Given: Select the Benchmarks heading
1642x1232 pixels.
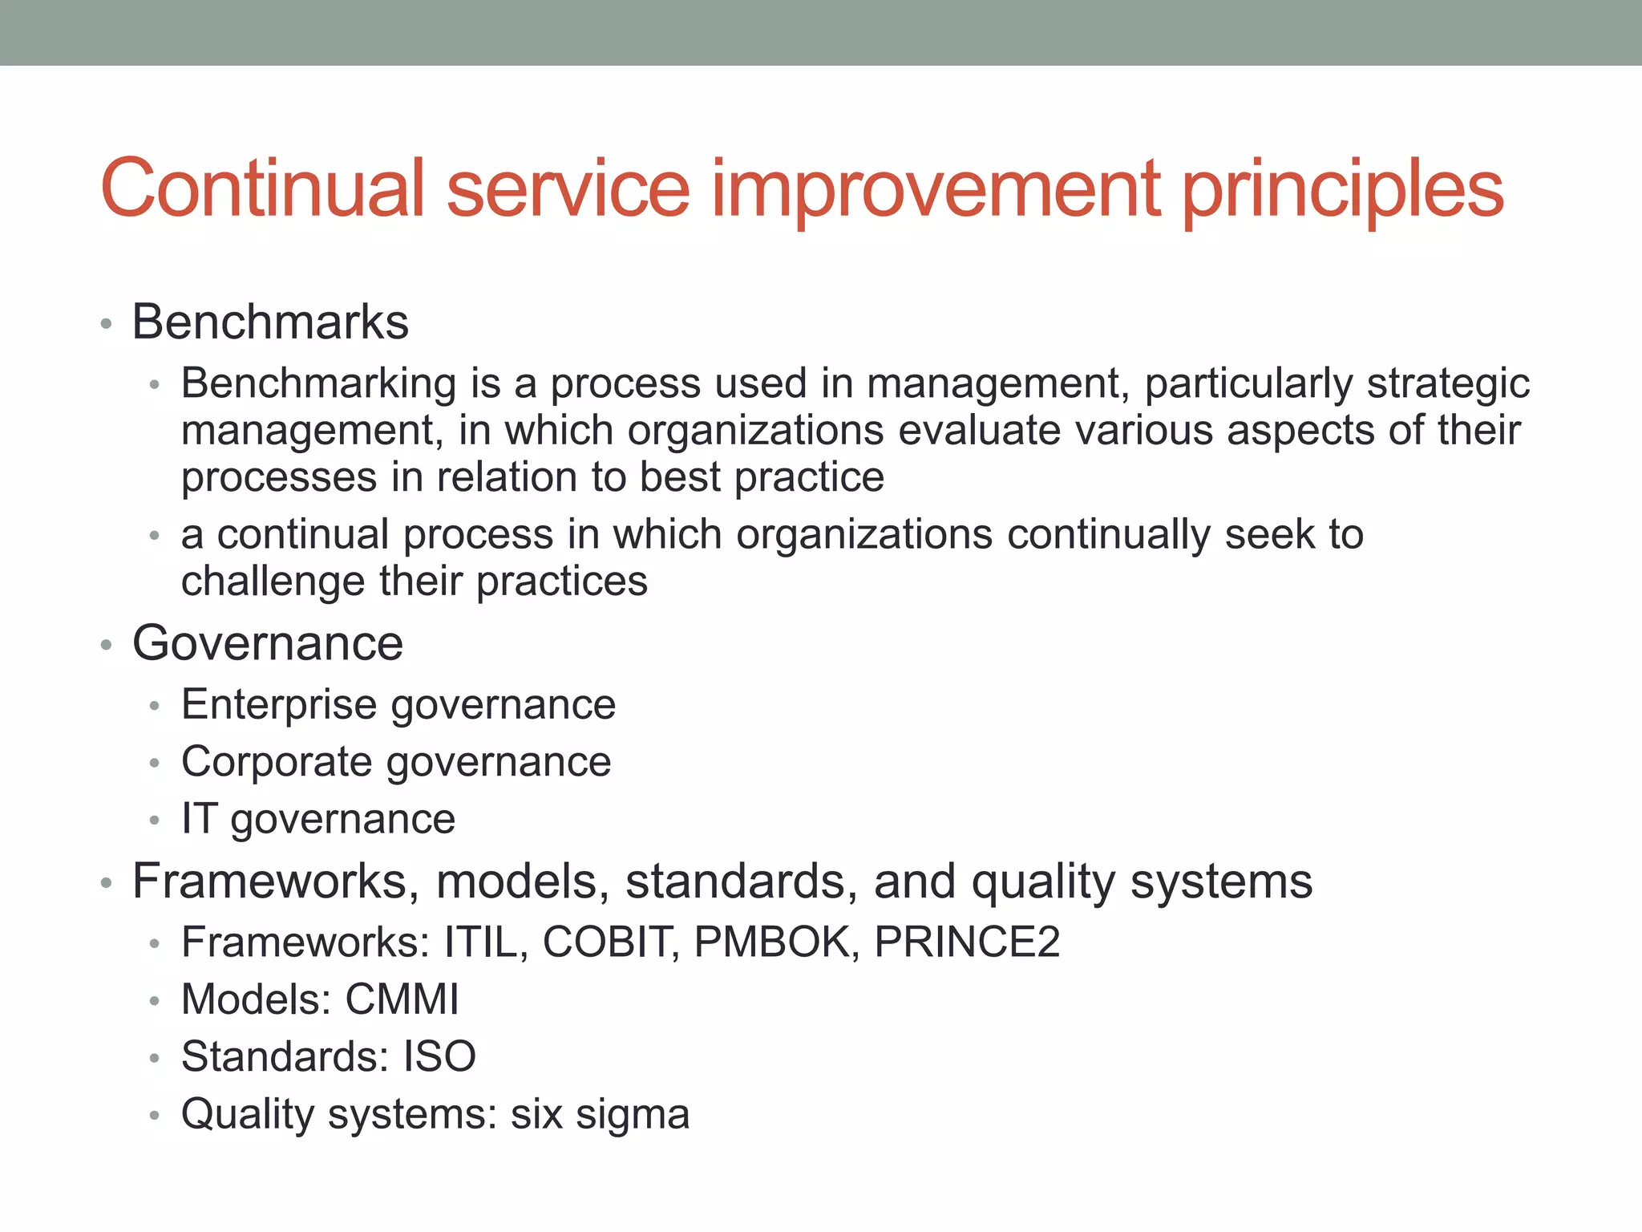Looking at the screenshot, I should (x=270, y=322).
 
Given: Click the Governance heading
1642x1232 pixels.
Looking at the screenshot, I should (x=268, y=643).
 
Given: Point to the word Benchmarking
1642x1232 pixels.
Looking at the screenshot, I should (x=318, y=383).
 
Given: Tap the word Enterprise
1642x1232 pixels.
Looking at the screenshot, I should (x=278, y=705).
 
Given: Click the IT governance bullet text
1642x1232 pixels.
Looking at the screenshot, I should (x=318, y=820).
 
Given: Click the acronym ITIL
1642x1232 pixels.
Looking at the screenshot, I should (x=484, y=942).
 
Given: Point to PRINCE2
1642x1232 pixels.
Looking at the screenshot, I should (x=967, y=942).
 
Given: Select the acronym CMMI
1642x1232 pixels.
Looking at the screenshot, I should (x=402, y=1000).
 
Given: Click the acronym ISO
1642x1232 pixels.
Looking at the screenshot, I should (x=439, y=1057).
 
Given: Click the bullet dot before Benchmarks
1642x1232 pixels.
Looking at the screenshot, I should (x=106, y=325).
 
